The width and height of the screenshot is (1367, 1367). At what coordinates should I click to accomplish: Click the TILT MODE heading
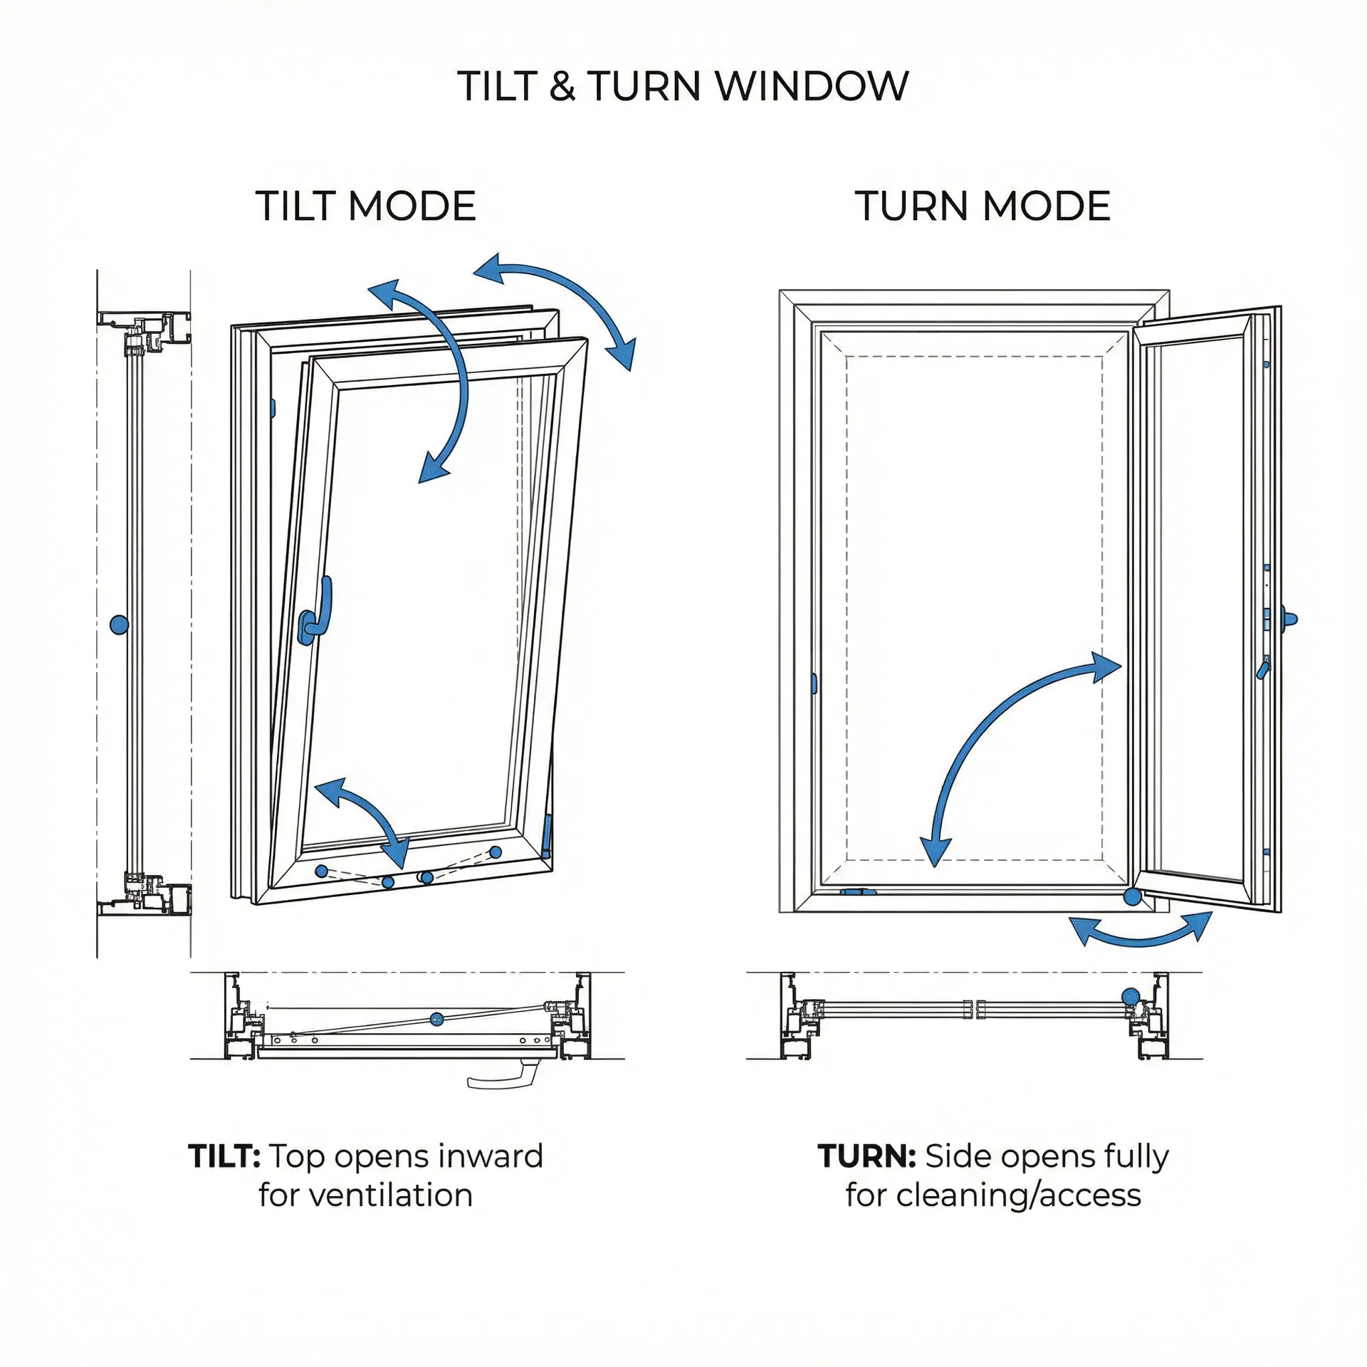pyautogui.click(x=365, y=206)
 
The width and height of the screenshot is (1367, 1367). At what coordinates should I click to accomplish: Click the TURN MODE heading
pyautogui.click(x=982, y=206)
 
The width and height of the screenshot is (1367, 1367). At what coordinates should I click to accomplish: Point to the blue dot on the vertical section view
pyautogui.click(x=119, y=625)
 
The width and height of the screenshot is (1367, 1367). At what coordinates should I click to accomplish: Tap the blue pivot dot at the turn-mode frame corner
pyautogui.click(x=1132, y=897)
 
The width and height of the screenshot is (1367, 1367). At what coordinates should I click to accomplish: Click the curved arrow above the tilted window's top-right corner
pyautogui.click(x=562, y=299)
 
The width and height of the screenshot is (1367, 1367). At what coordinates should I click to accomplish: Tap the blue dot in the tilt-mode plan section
pyautogui.click(x=437, y=1020)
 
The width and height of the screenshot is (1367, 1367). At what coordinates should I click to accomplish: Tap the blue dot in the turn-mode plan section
pyautogui.click(x=1130, y=996)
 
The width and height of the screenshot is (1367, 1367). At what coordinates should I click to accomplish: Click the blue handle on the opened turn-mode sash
pyautogui.click(x=1288, y=619)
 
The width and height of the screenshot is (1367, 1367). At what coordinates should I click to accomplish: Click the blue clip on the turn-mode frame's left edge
pyautogui.click(x=814, y=683)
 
